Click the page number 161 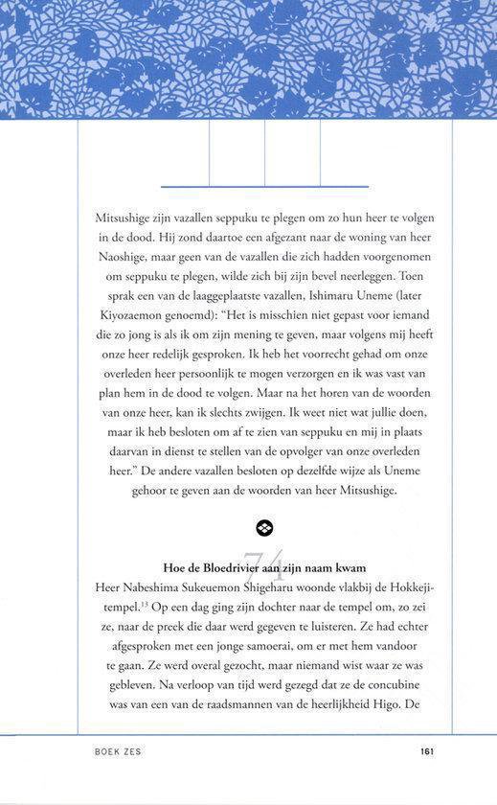[x=428, y=751]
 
